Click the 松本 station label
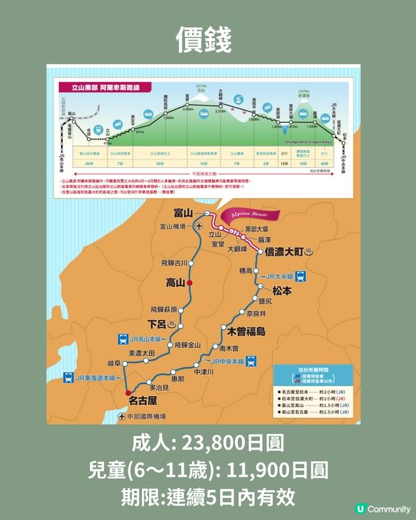[x=284, y=291]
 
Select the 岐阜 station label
[x=114, y=363]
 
